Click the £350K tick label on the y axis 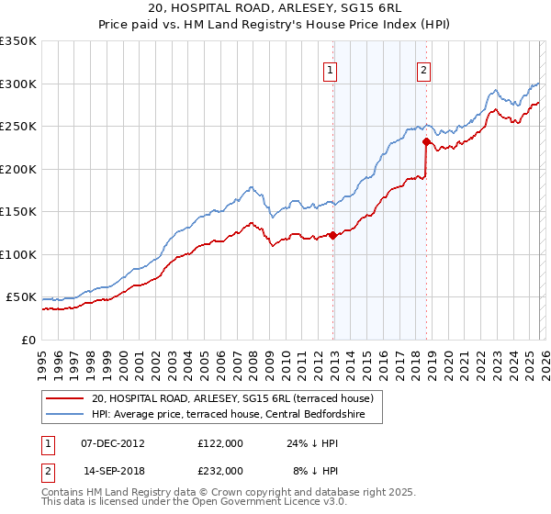[18, 41]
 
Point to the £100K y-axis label [18, 254]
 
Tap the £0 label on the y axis [28, 340]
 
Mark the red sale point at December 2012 [332, 236]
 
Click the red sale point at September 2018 [426, 142]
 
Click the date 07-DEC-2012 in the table [112, 442]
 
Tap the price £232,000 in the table [219, 470]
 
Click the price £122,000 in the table [219, 442]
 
